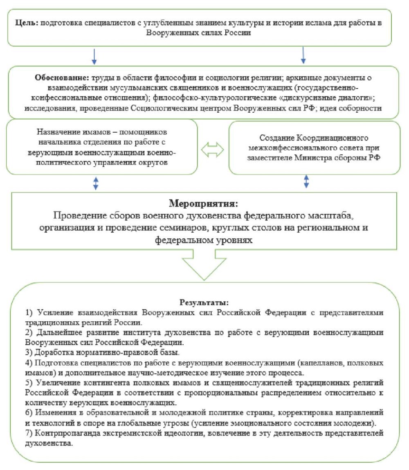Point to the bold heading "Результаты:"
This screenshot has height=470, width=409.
coord(204,303)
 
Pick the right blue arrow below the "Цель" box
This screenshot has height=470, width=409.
coord(303,55)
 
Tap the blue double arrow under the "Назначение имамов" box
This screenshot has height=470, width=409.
coord(96,183)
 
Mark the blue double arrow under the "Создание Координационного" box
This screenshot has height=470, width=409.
coord(306,181)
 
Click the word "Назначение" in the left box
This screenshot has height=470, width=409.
coord(58,133)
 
